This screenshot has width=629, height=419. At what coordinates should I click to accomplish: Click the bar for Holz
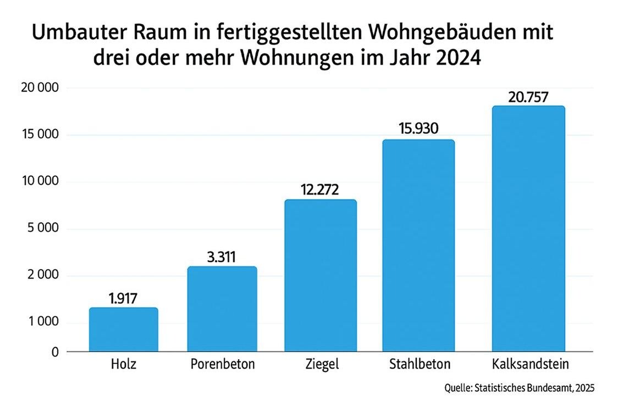click(x=123, y=329)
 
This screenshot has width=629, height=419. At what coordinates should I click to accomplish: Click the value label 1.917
click(x=123, y=299)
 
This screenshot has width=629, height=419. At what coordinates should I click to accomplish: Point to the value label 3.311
click(x=222, y=257)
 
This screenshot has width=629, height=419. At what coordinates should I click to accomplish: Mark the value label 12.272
click(x=319, y=190)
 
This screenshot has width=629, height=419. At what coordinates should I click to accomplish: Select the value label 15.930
click(x=418, y=130)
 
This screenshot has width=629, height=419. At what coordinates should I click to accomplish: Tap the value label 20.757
click(x=528, y=97)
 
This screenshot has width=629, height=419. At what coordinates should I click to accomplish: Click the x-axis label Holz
click(x=123, y=364)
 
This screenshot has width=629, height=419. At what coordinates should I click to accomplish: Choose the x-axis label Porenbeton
click(x=223, y=364)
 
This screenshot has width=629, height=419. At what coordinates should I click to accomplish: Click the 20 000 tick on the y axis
click(x=38, y=88)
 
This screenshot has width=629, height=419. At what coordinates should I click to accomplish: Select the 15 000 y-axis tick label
click(x=38, y=135)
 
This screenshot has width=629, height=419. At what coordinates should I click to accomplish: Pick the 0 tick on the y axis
click(x=54, y=352)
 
